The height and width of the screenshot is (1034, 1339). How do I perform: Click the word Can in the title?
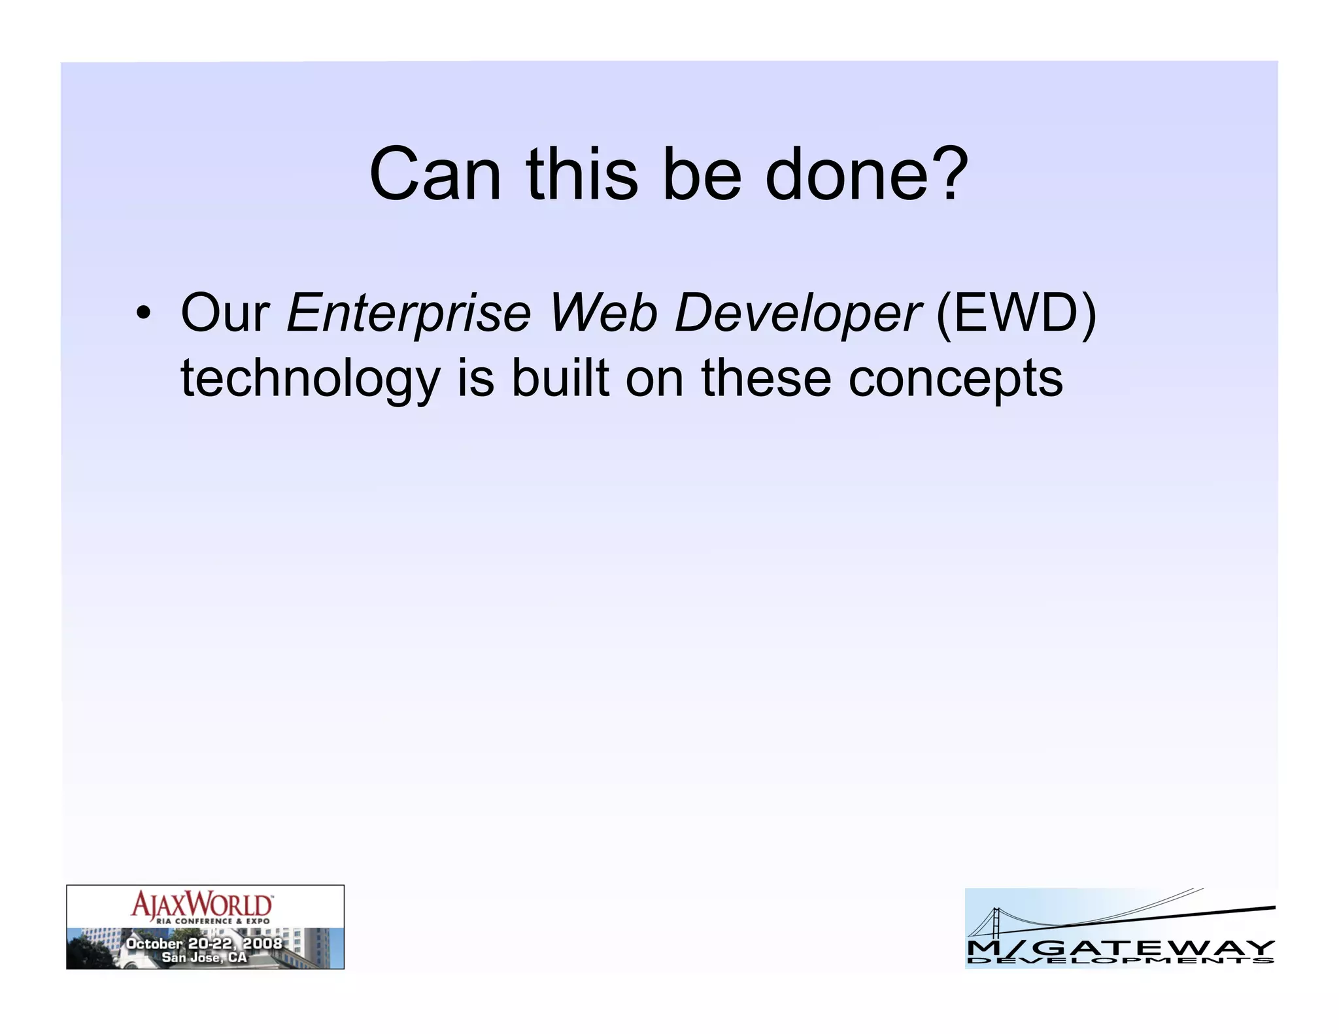(435, 175)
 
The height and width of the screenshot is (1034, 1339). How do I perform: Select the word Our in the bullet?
(225, 314)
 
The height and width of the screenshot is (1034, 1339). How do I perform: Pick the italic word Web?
(602, 314)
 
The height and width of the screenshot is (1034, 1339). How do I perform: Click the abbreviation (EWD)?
(1015, 314)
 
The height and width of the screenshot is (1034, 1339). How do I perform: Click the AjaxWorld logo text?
(201, 905)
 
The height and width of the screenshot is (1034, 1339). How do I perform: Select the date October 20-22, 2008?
(204, 943)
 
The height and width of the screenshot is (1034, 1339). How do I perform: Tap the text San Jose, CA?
(204, 958)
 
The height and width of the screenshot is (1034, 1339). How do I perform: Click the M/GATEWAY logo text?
(1120, 947)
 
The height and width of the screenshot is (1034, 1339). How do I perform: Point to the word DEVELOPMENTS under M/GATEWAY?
(1120, 961)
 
